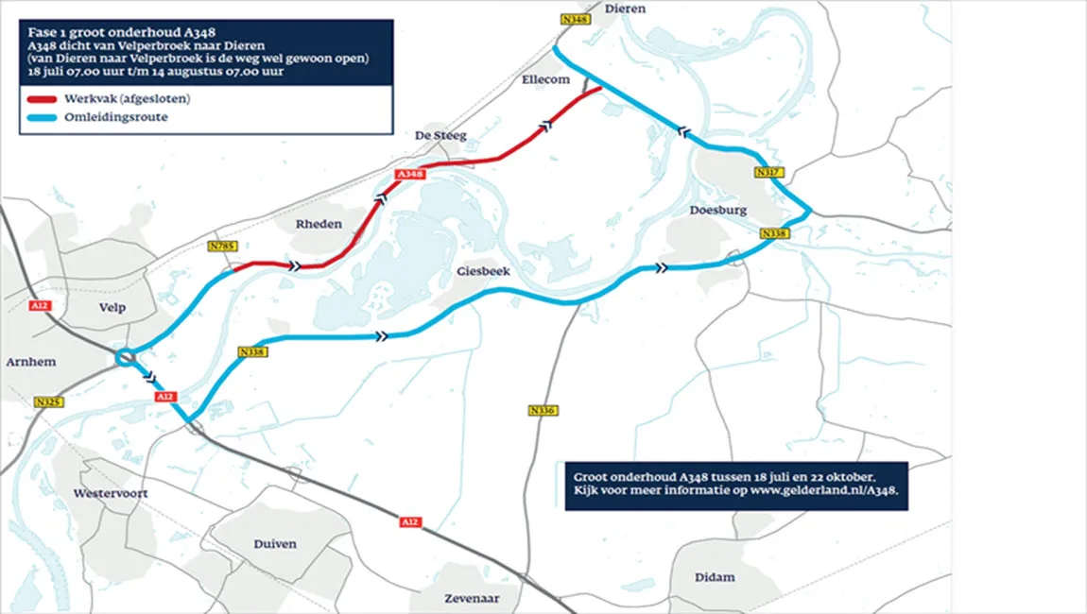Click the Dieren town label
coord(625,9)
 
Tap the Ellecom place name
coord(545,80)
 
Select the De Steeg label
coord(441,136)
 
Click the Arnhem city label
coord(31,362)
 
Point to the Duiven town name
coord(274,544)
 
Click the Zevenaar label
coord(473,599)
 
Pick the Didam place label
coord(715,577)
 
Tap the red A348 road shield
coord(410,175)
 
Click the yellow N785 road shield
coord(222,247)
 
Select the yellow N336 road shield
coord(542,410)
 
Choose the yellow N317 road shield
coord(767,173)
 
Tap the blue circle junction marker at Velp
coord(125,357)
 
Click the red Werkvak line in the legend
coord(43,100)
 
